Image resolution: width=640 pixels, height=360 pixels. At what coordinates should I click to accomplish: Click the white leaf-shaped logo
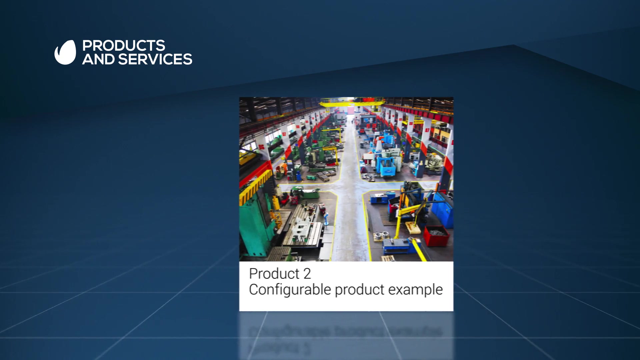click(x=65, y=52)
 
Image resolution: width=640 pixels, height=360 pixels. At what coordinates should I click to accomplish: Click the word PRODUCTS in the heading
click(x=124, y=46)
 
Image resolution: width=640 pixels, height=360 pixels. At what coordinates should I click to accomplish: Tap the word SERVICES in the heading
click(x=155, y=59)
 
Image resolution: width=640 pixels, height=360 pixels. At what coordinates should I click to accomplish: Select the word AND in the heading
click(x=98, y=59)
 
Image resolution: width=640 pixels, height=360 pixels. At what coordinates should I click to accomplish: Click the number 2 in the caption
click(x=307, y=274)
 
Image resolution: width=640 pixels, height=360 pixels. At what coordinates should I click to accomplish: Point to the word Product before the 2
click(x=274, y=274)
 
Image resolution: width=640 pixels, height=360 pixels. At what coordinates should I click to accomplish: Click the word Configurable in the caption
click(x=290, y=290)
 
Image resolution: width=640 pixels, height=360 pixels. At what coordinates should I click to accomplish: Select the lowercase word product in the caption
click(x=360, y=290)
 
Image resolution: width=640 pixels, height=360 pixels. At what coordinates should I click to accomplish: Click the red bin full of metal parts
click(x=436, y=235)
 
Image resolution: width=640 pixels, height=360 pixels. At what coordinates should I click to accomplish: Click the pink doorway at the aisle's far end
click(x=351, y=110)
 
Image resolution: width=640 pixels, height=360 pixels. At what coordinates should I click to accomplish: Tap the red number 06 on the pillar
click(x=262, y=147)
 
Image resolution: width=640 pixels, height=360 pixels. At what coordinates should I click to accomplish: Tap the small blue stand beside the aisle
click(x=326, y=220)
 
